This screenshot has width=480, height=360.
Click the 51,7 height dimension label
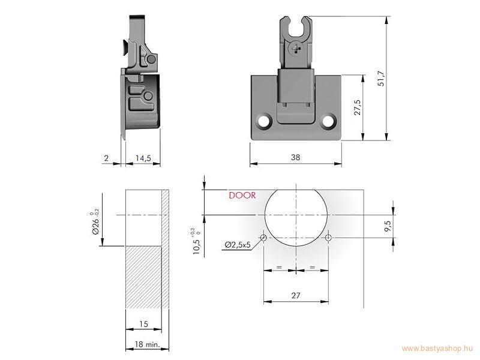pyautogui.click(x=382, y=79)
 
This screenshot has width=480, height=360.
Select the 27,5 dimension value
pyautogui.click(x=358, y=107)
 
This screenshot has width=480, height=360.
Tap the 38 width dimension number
pyautogui.click(x=295, y=157)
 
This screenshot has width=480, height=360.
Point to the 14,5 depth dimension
pyautogui.click(x=143, y=158)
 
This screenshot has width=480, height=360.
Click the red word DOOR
pyautogui.click(x=242, y=196)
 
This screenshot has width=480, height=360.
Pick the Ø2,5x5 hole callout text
pyautogui.click(x=238, y=245)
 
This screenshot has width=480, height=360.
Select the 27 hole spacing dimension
pyautogui.click(x=296, y=295)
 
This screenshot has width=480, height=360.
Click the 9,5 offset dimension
pyautogui.click(x=388, y=226)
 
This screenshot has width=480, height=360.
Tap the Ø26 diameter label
pyautogui.click(x=96, y=223)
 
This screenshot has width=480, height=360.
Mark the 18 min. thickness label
pyautogui.click(x=147, y=344)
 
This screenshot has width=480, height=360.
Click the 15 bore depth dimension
pyautogui.click(x=143, y=324)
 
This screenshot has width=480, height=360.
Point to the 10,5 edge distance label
pyautogui.click(x=197, y=242)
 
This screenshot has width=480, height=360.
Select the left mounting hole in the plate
pyautogui.click(x=263, y=121)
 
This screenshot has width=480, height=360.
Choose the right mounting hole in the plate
pyautogui.click(x=328, y=121)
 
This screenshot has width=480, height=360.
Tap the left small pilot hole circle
pyautogui.click(x=263, y=238)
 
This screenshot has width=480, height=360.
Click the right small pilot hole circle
pyautogui.click(x=328, y=238)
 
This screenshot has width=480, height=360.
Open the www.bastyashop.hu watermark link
pyautogui.click(x=438, y=349)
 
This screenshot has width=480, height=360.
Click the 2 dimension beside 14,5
pyautogui.click(x=106, y=158)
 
